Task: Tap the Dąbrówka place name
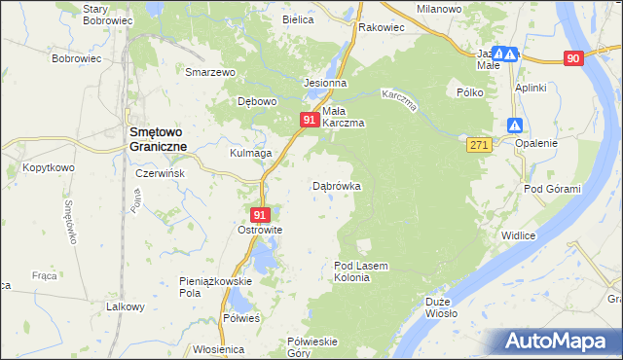tap(337, 185)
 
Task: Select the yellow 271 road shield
tap(477, 144)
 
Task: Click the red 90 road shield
tap(572, 58)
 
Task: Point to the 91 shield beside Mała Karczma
tap(309, 119)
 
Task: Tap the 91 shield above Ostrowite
tap(259, 215)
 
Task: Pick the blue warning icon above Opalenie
tap(515, 126)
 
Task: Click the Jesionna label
tap(326, 84)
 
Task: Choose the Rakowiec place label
tap(381, 28)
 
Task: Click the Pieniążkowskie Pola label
tap(216, 286)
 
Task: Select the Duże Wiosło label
tap(442, 307)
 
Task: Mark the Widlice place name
tap(520, 235)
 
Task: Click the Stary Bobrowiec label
tap(108, 14)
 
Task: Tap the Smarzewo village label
tap(212, 72)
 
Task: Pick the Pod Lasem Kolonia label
tap(352, 270)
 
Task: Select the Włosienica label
tap(220, 347)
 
